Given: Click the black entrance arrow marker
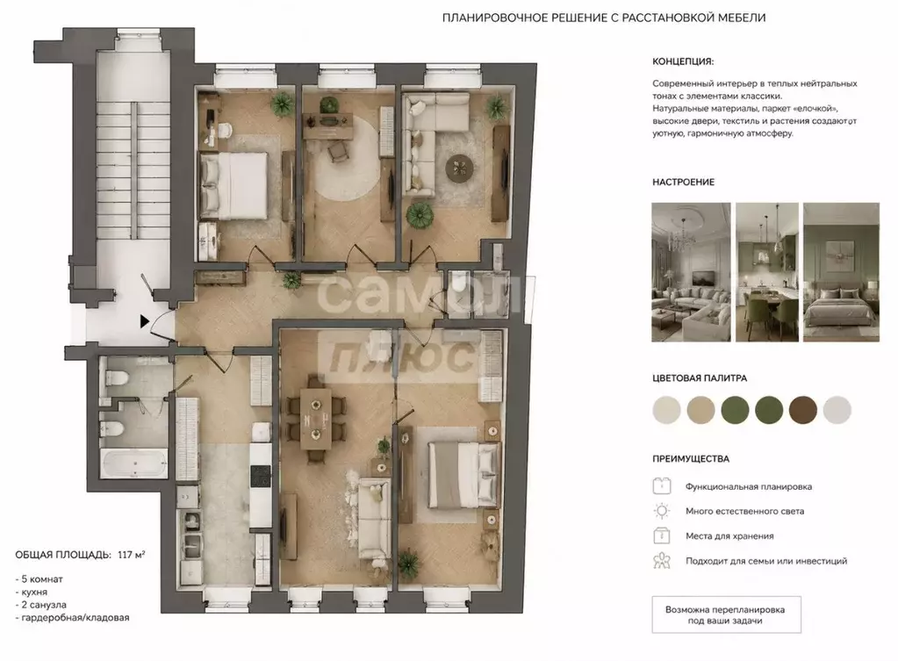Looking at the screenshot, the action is (x=144, y=321).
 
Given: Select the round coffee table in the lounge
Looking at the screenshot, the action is (x=460, y=168).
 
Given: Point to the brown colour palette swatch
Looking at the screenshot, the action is (x=803, y=410).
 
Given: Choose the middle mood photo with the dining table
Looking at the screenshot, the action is (x=767, y=272).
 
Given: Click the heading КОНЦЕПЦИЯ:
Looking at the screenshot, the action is (x=683, y=61).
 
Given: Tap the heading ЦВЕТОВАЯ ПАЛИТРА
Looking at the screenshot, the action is (x=700, y=378).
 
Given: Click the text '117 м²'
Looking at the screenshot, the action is (x=131, y=555).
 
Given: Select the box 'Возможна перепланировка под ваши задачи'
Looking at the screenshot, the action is (x=726, y=614).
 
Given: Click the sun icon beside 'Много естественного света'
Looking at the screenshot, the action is (x=662, y=511).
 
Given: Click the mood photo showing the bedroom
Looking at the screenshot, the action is (x=841, y=272).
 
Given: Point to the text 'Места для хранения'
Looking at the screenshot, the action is (x=729, y=536).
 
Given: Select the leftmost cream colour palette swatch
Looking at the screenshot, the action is (x=666, y=410).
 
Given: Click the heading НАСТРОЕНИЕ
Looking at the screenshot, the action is (x=683, y=182).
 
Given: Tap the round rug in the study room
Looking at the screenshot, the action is (x=348, y=157).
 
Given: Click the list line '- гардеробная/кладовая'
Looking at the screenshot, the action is (x=72, y=617).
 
